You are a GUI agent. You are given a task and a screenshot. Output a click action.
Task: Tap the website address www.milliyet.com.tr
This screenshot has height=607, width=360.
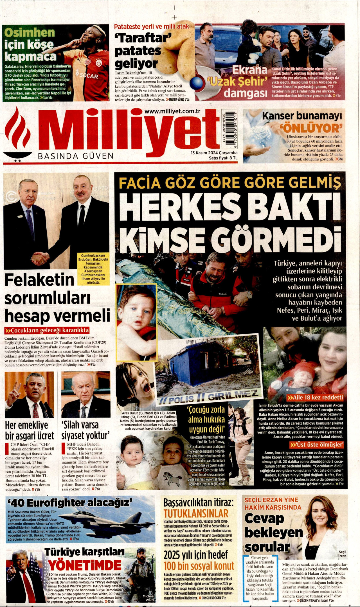[x=172, y=111]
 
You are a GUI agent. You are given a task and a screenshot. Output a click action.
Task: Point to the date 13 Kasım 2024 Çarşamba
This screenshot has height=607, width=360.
[x=214, y=153]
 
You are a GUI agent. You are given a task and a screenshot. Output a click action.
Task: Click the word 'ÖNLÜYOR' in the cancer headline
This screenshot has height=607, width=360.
[x=311, y=128]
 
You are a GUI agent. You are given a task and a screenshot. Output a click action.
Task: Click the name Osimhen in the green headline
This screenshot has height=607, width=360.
[x=30, y=33]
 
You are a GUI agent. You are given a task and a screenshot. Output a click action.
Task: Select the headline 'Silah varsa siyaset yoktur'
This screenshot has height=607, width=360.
[x=85, y=430]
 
